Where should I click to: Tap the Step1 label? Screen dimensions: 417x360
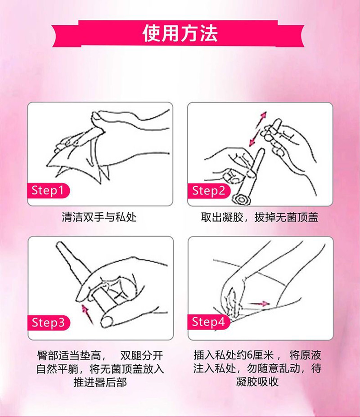49,190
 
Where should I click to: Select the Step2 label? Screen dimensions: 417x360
207,190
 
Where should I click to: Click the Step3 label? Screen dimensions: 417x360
50,322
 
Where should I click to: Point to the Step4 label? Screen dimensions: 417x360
207,322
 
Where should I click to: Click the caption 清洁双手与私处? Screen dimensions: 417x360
99,218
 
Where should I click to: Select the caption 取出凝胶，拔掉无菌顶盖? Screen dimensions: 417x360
260,218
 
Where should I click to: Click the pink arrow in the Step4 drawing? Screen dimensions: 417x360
259,305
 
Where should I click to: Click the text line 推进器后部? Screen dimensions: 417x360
100,383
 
